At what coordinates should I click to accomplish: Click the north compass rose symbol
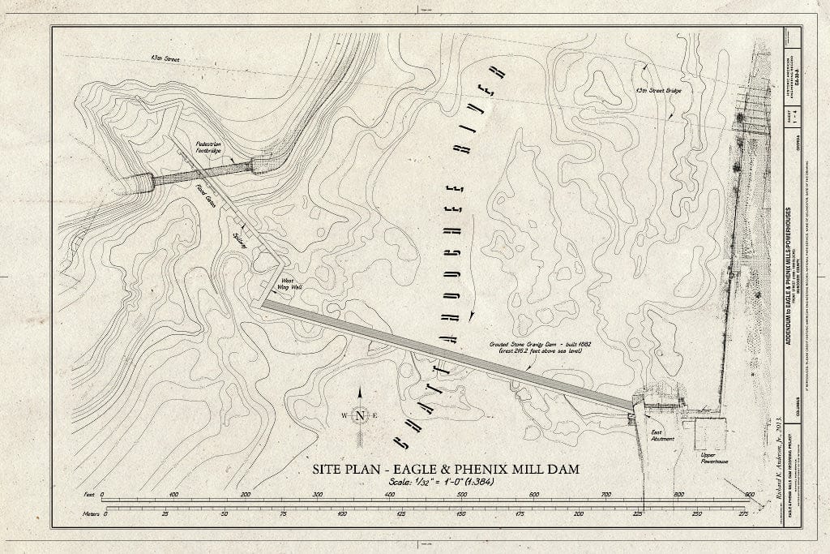[360, 415]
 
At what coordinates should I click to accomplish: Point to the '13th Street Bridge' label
[657, 90]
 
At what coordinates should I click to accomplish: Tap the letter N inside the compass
[360, 416]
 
